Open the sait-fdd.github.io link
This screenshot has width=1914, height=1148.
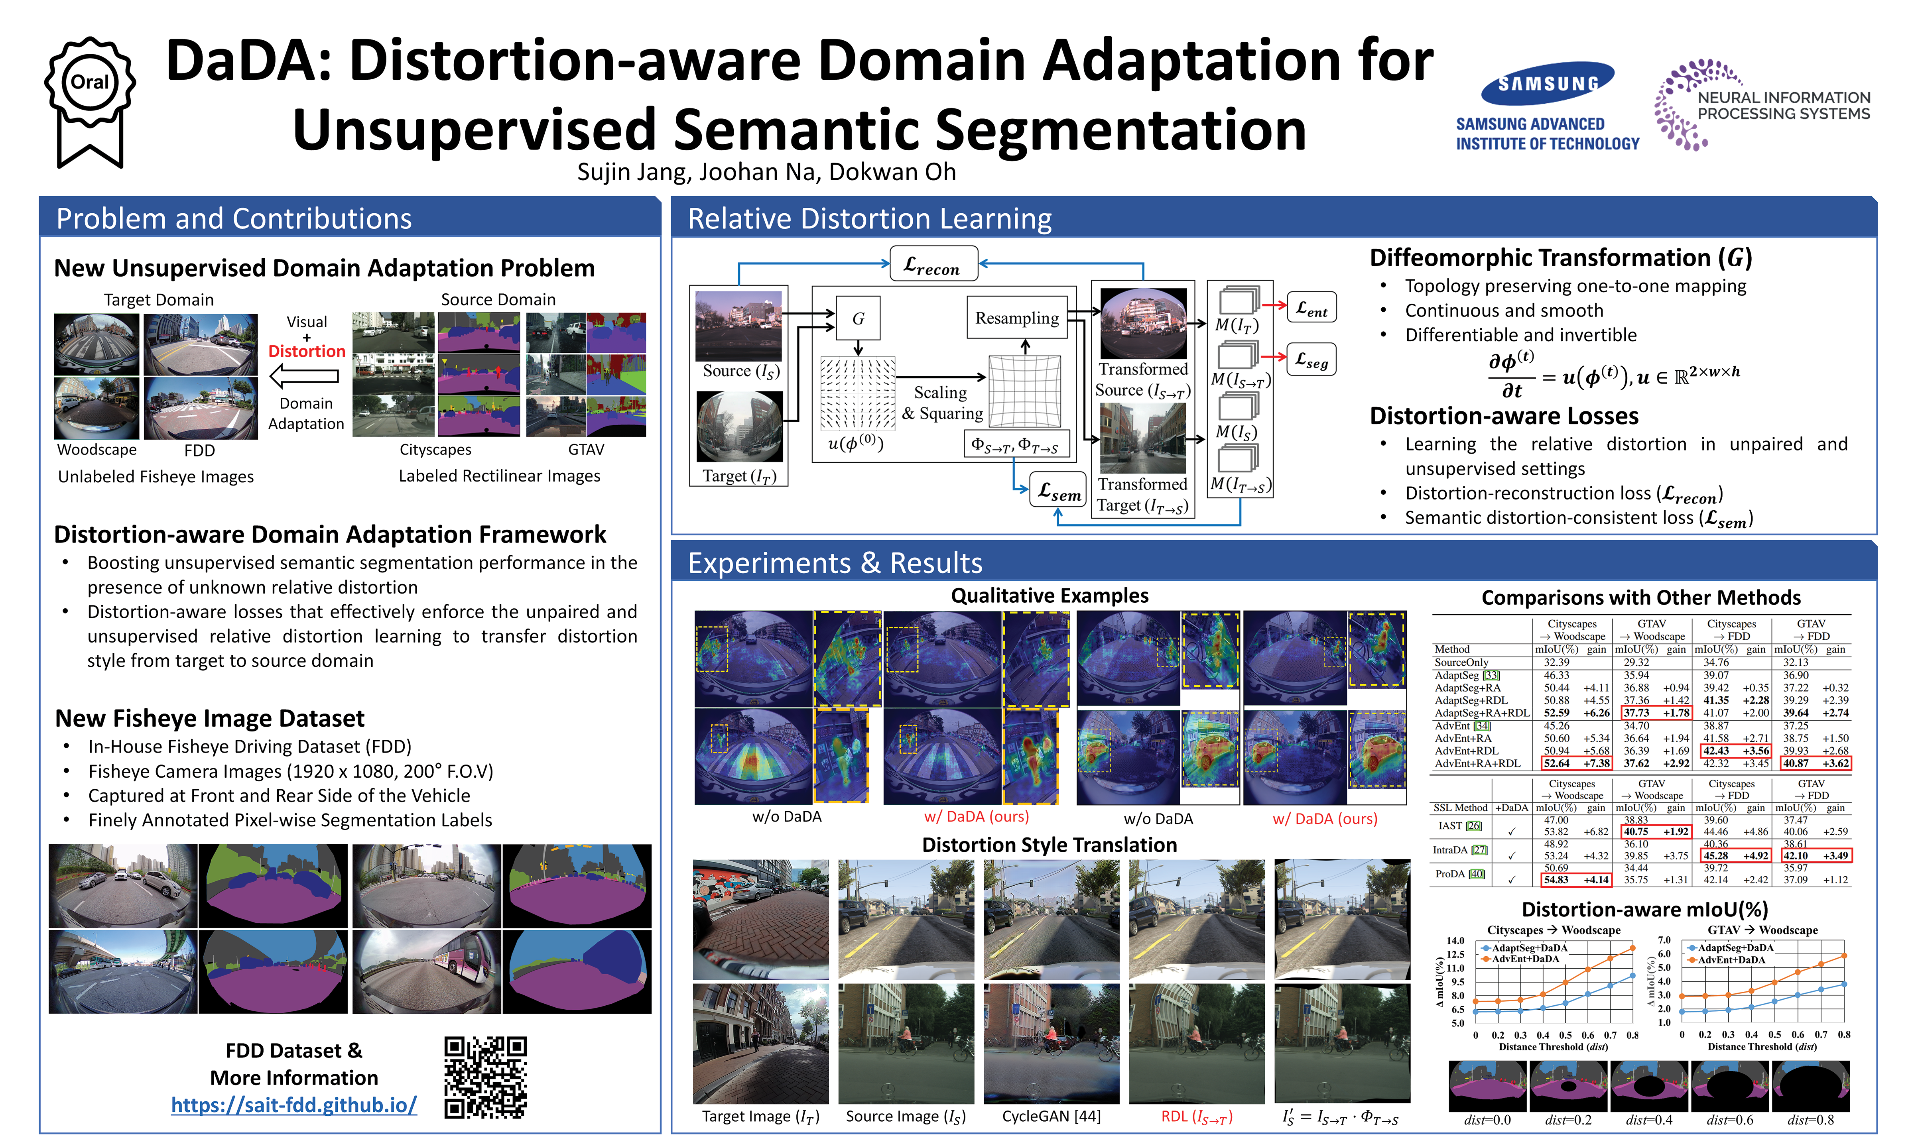pyautogui.click(x=294, y=1105)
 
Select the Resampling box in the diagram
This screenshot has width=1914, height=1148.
pyautogui.click(x=1016, y=318)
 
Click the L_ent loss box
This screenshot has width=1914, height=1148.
pyautogui.click(x=1311, y=308)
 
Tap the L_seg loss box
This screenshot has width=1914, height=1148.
pyautogui.click(x=1311, y=359)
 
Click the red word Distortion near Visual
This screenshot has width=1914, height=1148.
pyautogui.click(x=306, y=351)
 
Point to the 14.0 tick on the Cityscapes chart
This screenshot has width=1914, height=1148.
pyautogui.click(x=1455, y=941)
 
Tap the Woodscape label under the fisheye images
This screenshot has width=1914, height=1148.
pyautogui.click(x=97, y=450)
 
